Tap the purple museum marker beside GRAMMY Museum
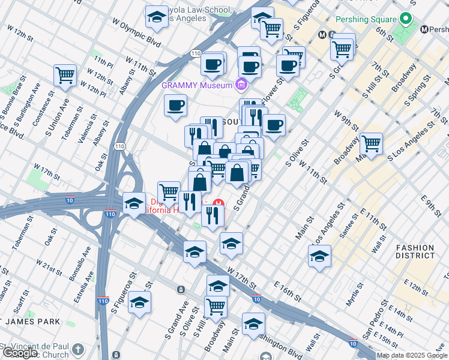click(x=241, y=85)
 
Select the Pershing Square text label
click(x=367, y=20)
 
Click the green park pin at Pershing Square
click(x=406, y=20)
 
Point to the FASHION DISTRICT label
click(x=415, y=251)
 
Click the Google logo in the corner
click(x=20, y=353)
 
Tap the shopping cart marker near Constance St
click(x=65, y=75)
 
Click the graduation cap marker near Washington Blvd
click(x=253, y=324)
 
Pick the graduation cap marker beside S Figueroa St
click(x=139, y=304)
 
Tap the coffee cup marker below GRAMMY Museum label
click(x=175, y=106)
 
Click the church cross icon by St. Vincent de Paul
click(x=78, y=349)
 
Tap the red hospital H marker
click(x=219, y=202)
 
